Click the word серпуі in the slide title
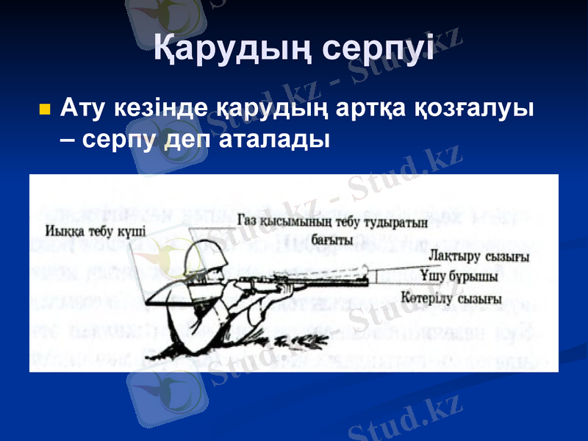[379, 49]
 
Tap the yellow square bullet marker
[44, 110]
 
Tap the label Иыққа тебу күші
[95, 229]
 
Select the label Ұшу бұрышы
[459, 276]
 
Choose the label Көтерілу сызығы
[452, 298]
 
